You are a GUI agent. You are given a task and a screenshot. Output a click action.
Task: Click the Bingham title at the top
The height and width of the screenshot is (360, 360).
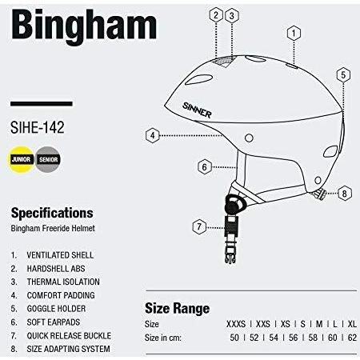(84, 26)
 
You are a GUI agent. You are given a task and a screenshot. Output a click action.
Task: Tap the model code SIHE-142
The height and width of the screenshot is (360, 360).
(38, 127)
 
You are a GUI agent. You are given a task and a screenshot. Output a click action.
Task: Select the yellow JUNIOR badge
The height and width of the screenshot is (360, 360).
(21, 159)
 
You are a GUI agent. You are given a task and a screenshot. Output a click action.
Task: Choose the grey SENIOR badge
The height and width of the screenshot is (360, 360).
(48, 159)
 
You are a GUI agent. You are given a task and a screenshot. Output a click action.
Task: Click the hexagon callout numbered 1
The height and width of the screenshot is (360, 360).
(294, 34)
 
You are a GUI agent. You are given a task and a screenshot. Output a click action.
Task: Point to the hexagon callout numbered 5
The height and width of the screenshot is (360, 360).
(343, 75)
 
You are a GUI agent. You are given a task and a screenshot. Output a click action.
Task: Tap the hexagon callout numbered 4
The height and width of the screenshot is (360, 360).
(153, 135)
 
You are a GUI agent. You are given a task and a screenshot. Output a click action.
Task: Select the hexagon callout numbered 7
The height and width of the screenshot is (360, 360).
(199, 227)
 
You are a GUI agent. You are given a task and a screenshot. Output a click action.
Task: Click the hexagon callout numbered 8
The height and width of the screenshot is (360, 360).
(345, 194)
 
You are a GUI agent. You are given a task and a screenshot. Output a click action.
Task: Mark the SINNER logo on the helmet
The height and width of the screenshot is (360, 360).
(197, 110)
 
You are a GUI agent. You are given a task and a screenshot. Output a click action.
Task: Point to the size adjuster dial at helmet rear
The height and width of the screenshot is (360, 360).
(319, 194)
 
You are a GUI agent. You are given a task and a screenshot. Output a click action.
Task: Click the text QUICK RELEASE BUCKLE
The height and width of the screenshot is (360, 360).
(69, 335)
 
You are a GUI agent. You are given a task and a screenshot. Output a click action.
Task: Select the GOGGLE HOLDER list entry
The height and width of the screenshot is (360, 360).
(56, 309)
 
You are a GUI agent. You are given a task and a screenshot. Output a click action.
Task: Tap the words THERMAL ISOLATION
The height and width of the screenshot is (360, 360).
(63, 282)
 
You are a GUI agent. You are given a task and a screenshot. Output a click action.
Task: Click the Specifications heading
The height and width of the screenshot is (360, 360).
(52, 213)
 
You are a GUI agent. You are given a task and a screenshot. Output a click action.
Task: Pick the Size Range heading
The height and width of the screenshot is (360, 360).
(178, 309)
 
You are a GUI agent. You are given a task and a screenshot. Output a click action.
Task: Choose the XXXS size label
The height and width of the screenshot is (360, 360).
(236, 324)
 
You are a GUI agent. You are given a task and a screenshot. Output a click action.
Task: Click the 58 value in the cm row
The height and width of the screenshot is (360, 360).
(313, 338)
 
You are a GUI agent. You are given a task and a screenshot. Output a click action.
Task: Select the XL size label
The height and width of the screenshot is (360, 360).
(352, 324)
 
